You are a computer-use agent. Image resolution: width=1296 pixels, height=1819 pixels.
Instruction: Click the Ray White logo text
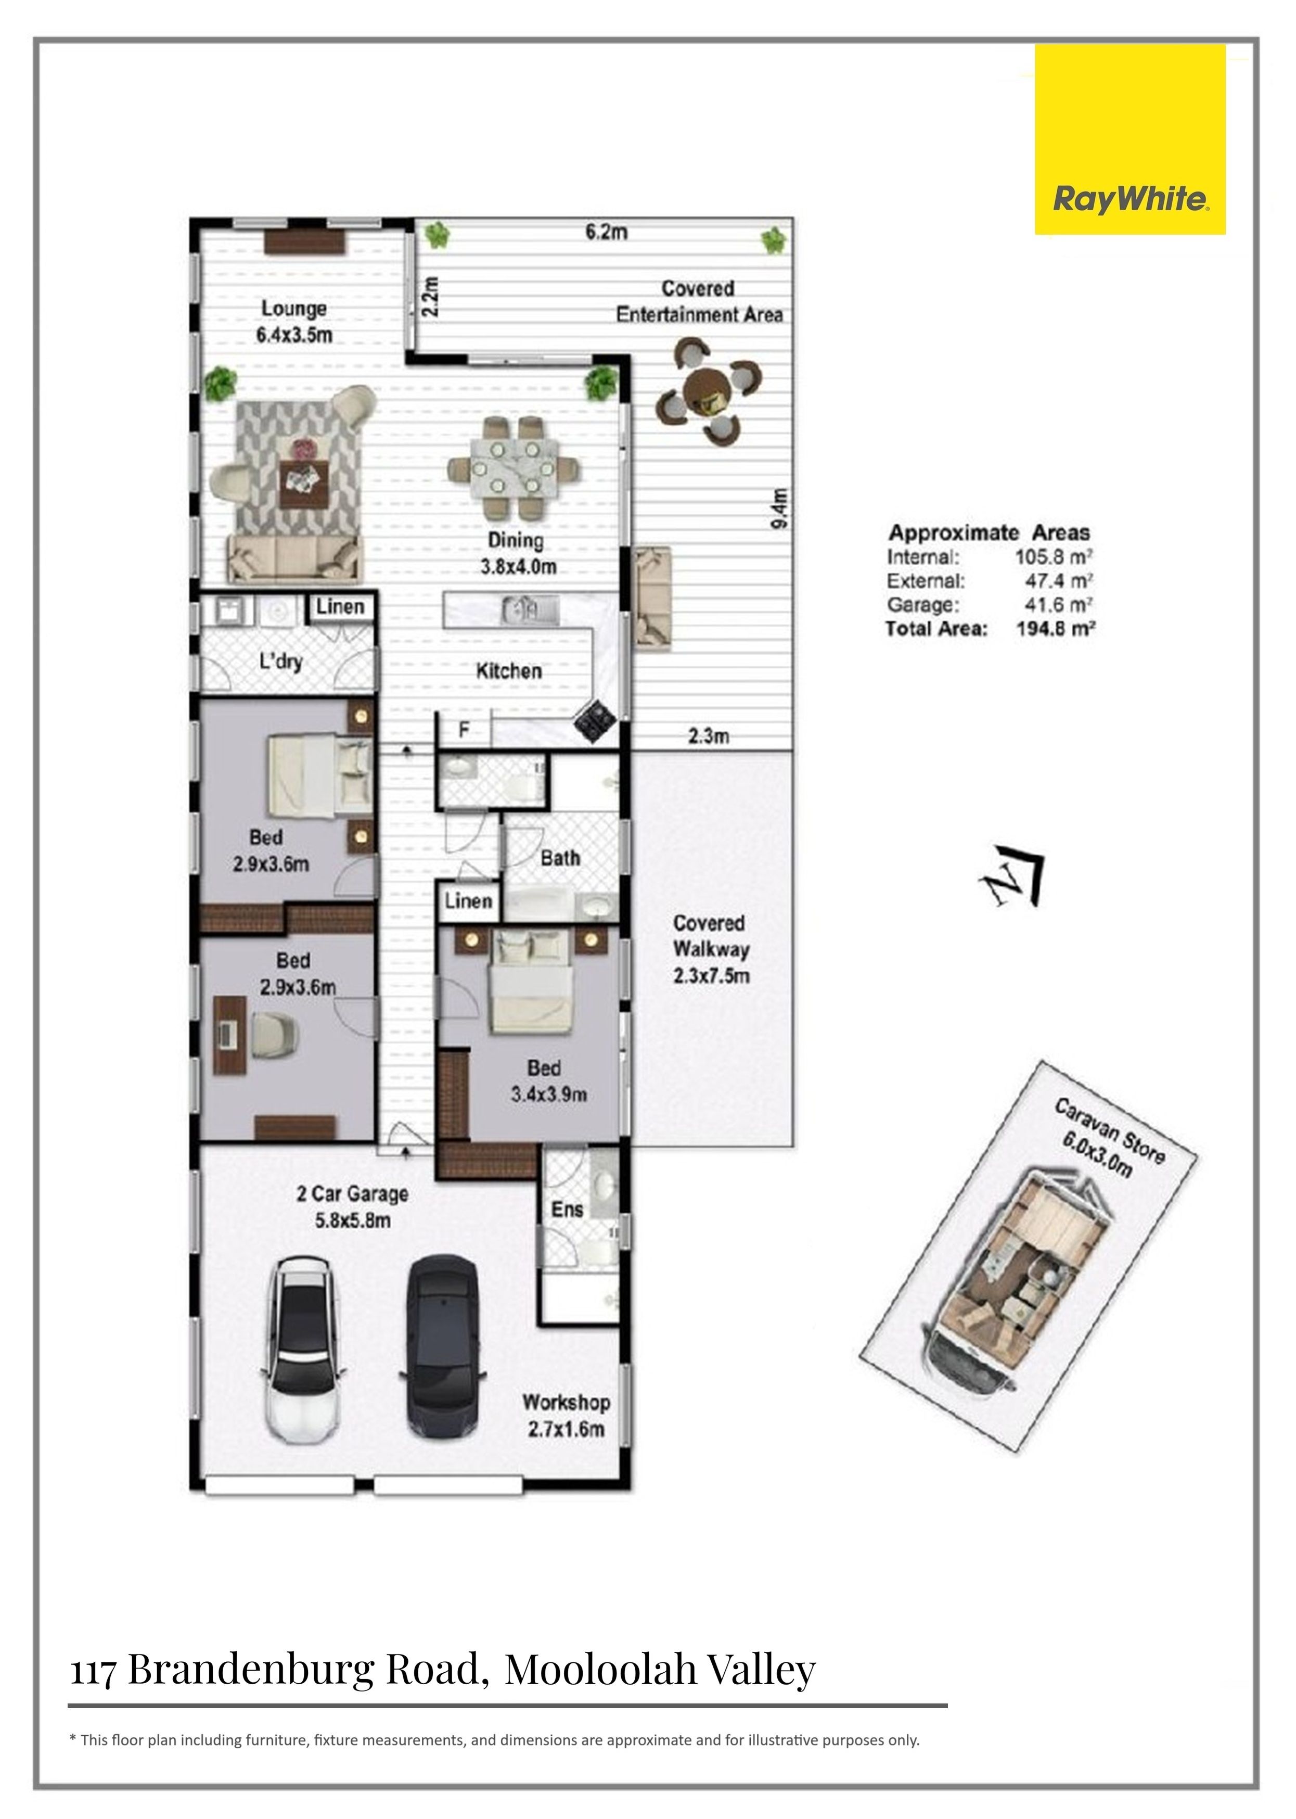1130,199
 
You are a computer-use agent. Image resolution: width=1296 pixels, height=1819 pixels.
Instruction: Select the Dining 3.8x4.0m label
517,553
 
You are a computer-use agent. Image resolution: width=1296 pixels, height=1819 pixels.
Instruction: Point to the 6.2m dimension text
607,232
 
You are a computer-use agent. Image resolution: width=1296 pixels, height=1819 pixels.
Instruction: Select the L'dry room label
281,661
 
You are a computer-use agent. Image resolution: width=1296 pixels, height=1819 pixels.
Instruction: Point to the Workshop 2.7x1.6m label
566,1415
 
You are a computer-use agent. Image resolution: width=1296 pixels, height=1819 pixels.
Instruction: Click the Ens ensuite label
567,1209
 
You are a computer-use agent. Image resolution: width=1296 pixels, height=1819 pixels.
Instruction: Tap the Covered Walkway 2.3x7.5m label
710,949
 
